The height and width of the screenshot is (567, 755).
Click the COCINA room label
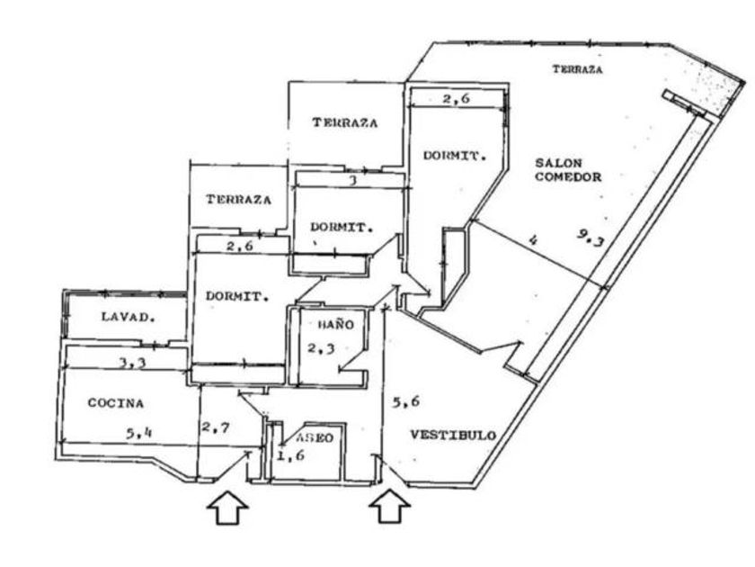(x=116, y=403)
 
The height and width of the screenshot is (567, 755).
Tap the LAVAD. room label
(x=129, y=317)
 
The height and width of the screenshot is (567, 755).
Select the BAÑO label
(x=335, y=324)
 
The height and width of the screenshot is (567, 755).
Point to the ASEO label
(x=315, y=437)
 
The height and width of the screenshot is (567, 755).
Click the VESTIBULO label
(x=453, y=435)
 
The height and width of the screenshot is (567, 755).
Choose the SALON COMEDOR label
(x=568, y=170)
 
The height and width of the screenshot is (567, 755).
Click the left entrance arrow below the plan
(x=227, y=508)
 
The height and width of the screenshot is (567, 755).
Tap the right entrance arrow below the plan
(x=389, y=506)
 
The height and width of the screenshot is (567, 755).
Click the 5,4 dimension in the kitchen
(x=138, y=433)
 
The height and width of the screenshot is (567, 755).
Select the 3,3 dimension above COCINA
(x=132, y=363)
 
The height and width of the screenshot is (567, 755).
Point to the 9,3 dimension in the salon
(x=590, y=238)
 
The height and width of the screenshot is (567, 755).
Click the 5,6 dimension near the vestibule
(x=405, y=401)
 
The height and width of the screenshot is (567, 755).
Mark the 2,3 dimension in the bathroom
(x=321, y=347)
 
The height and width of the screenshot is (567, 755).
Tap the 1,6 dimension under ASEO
(x=290, y=455)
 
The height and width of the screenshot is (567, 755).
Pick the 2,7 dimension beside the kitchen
(x=216, y=427)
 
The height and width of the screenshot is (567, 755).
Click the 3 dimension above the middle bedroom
(x=353, y=181)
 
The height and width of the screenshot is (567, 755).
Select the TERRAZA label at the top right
(x=577, y=69)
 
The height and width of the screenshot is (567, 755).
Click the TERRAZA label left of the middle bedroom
(x=238, y=199)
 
